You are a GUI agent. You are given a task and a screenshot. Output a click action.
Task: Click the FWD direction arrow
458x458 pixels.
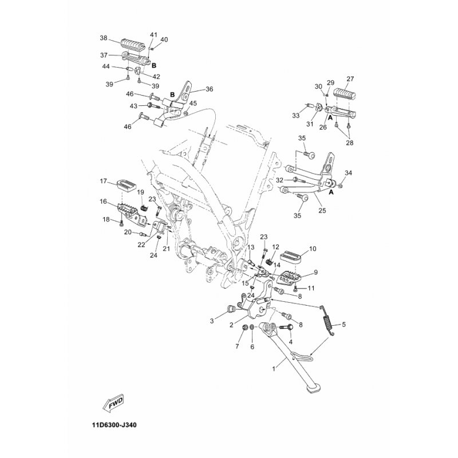coord(115,403)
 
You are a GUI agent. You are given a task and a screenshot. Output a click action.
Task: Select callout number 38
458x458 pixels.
coord(104,38)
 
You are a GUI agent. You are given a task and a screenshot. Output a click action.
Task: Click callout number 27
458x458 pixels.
coord(350,79)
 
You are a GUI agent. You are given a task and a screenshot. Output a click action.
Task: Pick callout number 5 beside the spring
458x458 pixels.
coord(344,325)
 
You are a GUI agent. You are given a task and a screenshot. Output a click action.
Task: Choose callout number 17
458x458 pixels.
coord(104,181)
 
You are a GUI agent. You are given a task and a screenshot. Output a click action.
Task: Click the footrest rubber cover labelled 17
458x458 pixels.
coord(127,184)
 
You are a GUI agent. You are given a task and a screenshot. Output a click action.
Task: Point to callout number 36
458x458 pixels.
coord(209,89)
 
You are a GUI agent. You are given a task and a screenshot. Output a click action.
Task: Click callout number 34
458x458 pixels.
coord(348,172)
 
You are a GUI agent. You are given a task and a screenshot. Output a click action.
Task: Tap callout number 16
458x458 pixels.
coord(104,201)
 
